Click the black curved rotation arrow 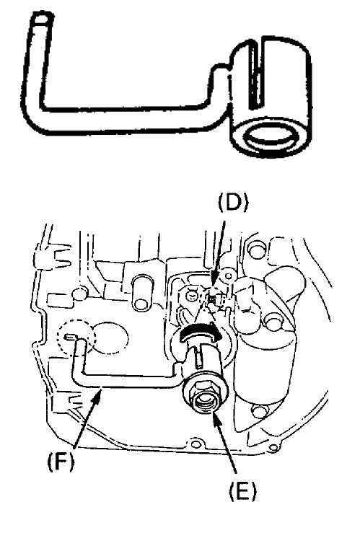[200, 332]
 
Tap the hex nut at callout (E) [204, 395]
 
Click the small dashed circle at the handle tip [76, 338]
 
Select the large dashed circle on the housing [110, 338]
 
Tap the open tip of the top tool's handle [43, 19]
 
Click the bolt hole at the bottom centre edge [195, 444]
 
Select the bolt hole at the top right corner [253, 250]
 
